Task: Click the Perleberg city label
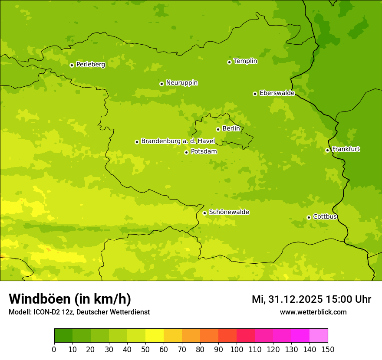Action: click(x=90, y=65)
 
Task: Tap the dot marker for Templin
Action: click(x=229, y=62)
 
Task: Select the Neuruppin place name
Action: click(x=181, y=83)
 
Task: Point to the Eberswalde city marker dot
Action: click(x=255, y=94)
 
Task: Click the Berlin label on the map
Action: click(x=231, y=129)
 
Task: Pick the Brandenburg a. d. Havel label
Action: click(x=178, y=141)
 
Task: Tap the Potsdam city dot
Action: click(x=186, y=152)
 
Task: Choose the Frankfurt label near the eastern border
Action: click(x=346, y=149)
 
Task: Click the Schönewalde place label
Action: click(x=229, y=212)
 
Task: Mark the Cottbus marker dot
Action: click(x=309, y=217)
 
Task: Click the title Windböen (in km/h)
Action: click(x=70, y=299)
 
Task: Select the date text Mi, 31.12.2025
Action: click(x=287, y=299)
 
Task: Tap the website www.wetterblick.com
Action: click(x=313, y=312)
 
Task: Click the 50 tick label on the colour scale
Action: click(x=145, y=349)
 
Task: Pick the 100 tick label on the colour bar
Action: click(x=237, y=349)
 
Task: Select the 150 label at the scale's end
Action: click(x=328, y=349)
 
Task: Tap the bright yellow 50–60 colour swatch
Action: click(x=155, y=335)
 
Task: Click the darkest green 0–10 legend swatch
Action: click(x=63, y=335)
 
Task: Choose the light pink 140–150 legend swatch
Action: click(x=319, y=335)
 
